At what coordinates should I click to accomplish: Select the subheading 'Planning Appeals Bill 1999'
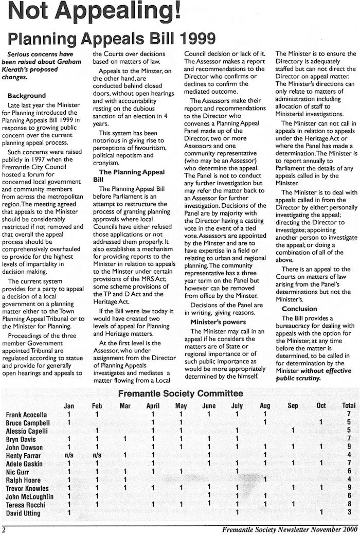[x=110, y=40]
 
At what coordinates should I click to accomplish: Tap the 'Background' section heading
[x=27, y=95]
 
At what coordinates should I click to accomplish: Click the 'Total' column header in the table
[x=349, y=406]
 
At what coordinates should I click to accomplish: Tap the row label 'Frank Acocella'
[x=26, y=414]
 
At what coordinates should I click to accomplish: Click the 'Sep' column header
[x=293, y=406]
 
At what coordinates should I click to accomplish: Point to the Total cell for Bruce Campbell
[x=349, y=422]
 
